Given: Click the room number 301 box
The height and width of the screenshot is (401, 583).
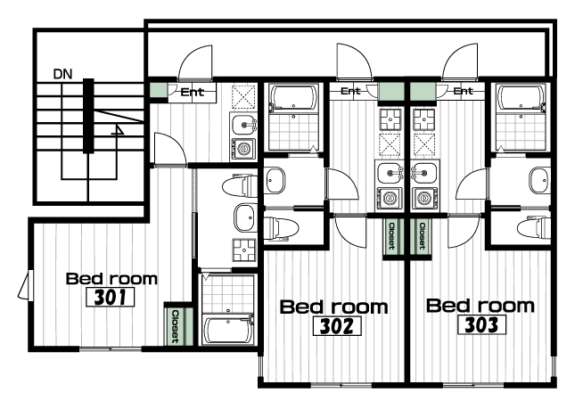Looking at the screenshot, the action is tap(110, 297).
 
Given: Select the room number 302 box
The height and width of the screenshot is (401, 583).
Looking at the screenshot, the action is tap(337, 326).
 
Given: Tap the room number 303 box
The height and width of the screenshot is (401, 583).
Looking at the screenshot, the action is tap(482, 324).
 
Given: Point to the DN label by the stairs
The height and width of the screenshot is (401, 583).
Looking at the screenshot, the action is tap(62, 74).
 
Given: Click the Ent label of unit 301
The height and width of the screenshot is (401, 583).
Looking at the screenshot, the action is tap(193, 92).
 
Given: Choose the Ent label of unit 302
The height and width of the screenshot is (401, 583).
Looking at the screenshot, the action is tap(350, 91).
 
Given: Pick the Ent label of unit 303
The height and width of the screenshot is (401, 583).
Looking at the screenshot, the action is tap(463, 91).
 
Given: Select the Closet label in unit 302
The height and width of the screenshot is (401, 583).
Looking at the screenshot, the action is tap(391, 235).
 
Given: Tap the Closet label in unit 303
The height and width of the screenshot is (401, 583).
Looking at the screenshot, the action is tap(422, 235).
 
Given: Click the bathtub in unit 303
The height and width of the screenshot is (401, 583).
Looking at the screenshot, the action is tap(521, 98).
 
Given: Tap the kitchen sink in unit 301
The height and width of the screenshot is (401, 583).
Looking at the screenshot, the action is tap(243, 125).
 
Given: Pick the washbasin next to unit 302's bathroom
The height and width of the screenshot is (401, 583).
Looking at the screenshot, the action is tap(275, 180).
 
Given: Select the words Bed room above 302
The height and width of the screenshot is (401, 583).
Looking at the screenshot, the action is tap(334, 307).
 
